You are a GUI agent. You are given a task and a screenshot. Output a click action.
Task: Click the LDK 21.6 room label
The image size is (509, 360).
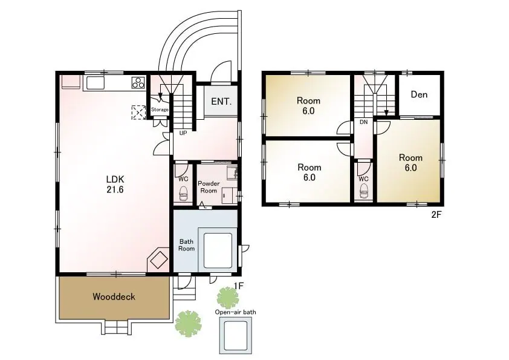(x=115, y=184)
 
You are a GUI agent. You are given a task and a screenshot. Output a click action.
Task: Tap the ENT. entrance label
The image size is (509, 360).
(x=221, y=102)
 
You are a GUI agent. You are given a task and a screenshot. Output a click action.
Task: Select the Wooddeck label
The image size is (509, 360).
(x=114, y=296)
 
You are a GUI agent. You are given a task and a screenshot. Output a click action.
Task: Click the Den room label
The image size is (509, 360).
(x=419, y=94)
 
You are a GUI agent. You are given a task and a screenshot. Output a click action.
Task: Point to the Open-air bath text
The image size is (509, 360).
(x=235, y=312)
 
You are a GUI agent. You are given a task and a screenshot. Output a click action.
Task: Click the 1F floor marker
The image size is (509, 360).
(x=239, y=286)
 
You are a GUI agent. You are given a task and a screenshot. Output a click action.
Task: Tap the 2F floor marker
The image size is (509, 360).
(x=437, y=215)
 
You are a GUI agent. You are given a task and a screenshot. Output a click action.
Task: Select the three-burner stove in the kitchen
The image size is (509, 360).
(x=138, y=82)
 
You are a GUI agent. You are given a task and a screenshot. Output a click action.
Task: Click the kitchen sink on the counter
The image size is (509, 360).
(x=95, y=83)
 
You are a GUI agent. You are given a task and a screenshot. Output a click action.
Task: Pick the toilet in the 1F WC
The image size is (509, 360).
(x=183, y=194)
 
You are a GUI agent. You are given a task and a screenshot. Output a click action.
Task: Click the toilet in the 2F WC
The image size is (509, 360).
(x=364, y=191)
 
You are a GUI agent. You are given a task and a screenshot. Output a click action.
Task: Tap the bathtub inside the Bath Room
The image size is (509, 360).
(x=218, y=250)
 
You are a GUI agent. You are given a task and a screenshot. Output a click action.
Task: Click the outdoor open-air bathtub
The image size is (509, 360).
(x=236, y=336)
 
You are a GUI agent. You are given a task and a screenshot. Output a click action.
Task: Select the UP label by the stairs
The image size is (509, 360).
(x=183, y=133)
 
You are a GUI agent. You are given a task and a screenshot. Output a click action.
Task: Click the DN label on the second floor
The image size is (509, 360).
(x=363, y=122)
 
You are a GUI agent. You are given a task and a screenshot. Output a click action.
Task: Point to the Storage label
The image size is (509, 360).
(x=160, y=110)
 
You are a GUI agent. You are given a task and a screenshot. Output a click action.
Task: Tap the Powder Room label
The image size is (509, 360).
(x=209, y=187)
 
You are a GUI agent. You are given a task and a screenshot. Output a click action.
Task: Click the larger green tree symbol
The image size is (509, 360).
(x=188, y=324)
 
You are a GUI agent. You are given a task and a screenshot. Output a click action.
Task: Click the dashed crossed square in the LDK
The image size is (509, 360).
(x=138, y=113)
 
